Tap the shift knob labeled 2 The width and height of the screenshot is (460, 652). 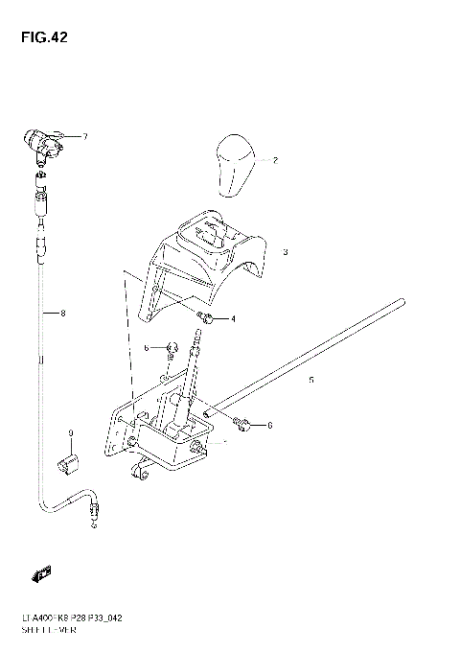pyautogui.click(x=234, y=165)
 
